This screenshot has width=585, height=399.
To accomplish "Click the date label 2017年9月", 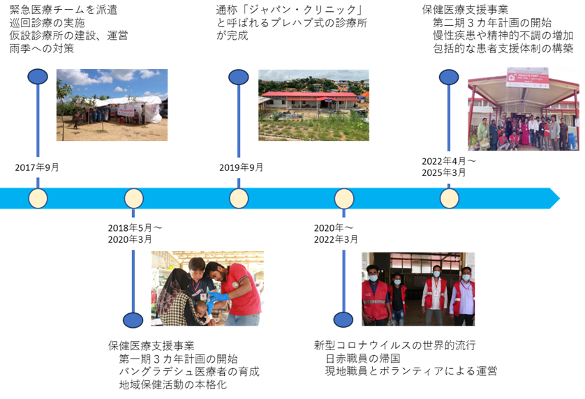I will (44, 167).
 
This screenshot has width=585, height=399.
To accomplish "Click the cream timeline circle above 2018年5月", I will (134, 199).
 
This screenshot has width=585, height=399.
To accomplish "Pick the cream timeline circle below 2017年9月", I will (38, 199).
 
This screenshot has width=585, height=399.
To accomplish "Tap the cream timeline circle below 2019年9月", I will (239, 199).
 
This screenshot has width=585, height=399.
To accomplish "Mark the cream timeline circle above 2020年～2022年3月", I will (343, 199).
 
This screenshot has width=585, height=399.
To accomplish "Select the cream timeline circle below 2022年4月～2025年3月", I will (450, 199).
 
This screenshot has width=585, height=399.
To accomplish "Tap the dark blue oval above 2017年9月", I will (38, 77).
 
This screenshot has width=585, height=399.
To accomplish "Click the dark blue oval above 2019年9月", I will (239, 77).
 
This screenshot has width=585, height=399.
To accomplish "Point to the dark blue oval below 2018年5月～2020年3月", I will (133, 319).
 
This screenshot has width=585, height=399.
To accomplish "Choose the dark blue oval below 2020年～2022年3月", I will (343, 319).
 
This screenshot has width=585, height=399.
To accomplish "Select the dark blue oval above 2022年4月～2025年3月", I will (449, 77).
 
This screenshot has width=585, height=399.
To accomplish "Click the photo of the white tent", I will (112, 105).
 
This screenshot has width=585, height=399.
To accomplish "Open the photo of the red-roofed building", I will (313, 105).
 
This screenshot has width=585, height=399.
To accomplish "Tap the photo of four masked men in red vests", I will (418, 289).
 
